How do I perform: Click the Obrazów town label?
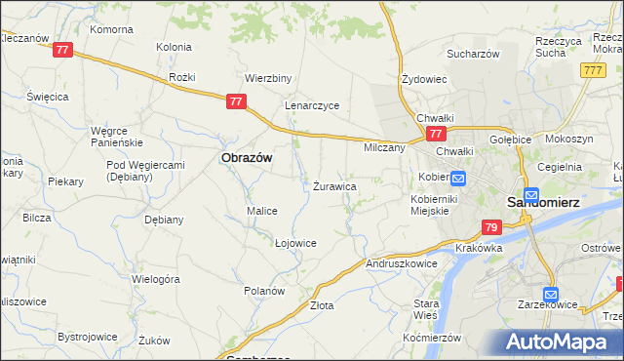247,156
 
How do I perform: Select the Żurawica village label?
334,185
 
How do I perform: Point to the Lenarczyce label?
312,105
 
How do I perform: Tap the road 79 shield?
491,227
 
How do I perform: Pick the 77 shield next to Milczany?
436,133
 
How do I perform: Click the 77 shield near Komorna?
63,49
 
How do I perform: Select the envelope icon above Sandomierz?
531,194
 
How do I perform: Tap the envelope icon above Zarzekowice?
551,294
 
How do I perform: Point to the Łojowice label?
295,243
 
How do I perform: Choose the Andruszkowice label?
401,263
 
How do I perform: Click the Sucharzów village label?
473,54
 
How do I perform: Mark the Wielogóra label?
156,279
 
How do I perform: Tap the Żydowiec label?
424,79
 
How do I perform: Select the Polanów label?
264,291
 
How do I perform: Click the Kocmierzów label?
431,337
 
